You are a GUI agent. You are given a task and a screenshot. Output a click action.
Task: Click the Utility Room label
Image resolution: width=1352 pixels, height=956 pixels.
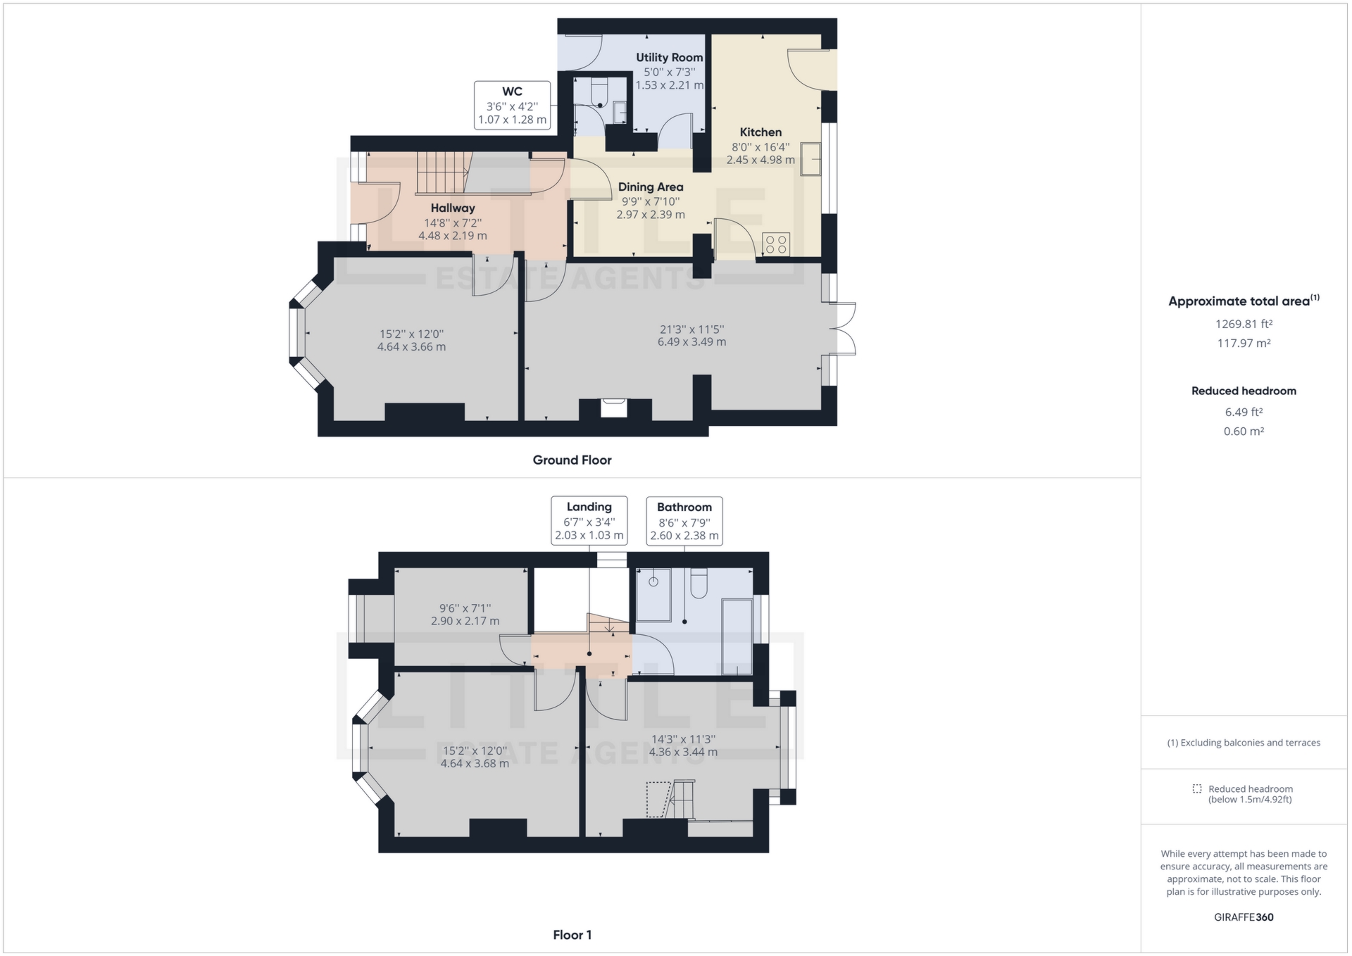669,58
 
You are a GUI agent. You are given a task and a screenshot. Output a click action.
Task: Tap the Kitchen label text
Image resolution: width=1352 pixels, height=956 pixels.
760,132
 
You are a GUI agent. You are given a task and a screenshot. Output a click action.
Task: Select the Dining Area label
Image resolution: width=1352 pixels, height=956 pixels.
651,187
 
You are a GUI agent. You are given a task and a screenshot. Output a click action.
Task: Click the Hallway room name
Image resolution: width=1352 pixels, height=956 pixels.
453,208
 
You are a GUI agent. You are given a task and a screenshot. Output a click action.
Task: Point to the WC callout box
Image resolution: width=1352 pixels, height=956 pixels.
512,106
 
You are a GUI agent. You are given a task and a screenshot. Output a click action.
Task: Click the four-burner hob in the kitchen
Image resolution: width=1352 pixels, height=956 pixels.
776,244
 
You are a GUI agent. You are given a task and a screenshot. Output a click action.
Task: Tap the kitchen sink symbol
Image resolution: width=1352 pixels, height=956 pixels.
810,159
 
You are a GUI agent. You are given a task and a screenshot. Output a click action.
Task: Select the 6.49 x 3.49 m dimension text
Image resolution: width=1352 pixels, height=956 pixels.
691,342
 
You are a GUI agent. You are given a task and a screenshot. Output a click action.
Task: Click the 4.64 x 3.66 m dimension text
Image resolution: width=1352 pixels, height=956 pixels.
411,347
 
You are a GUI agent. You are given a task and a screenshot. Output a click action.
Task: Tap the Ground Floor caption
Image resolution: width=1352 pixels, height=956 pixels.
572,460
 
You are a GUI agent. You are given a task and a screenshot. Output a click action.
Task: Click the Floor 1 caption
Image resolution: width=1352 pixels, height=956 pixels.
572,935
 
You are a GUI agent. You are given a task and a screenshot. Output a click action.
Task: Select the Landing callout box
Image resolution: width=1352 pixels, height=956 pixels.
589,521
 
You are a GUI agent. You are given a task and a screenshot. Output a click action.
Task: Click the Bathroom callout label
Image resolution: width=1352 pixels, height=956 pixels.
684,508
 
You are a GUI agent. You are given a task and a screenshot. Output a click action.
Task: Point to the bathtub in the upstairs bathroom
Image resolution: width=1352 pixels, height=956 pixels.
737,638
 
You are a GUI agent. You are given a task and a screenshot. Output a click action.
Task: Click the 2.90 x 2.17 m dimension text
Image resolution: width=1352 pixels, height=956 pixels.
465,621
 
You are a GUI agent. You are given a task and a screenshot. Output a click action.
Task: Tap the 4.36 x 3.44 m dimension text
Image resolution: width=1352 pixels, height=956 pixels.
683,752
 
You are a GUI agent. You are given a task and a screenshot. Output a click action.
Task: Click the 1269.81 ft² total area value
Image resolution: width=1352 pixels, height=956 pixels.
1244,325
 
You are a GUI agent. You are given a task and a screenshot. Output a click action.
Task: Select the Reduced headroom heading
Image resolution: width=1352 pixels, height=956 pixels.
1244,391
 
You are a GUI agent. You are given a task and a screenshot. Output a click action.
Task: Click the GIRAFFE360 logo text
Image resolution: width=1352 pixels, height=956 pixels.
1244,917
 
